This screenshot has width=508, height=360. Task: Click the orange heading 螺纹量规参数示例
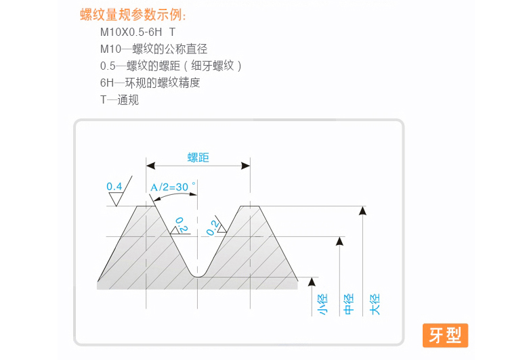click(x=132, y=15)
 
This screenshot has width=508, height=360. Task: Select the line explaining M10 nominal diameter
click(x=153, y=49)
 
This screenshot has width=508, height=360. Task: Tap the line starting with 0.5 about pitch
click(x=171, y=66)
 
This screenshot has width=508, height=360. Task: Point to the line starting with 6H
click(x=150, y=83)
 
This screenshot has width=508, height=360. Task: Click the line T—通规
click(x=119, y=99)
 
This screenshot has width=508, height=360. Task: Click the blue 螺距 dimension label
click(x=198, y=158)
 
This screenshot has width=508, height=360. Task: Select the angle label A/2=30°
click(x=172, y=187)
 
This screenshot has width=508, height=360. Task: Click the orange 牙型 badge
click(x=445, y=335)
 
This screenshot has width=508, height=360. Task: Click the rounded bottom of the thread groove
click(x=198, y=275)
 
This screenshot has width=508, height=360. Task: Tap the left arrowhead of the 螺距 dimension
click(x=151, y=165)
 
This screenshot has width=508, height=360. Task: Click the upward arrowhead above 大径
click(x=363, y=210)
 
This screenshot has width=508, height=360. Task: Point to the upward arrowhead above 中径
click(x=339, y=241)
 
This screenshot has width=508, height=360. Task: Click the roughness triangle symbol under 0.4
click(x=116, y=199)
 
